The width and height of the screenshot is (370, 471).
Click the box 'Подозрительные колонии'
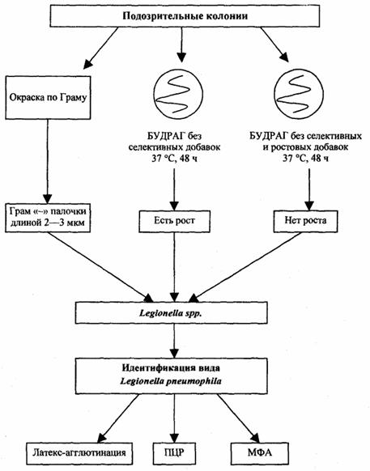coord(185,16)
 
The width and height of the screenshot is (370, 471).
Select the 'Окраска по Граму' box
coord(48,97)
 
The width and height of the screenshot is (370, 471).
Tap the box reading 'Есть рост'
coord(174,221)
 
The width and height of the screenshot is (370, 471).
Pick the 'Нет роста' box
coord(305,221)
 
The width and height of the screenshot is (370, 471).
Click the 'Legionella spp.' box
coord(172,312)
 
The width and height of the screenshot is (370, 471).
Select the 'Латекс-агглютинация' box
coord(79,453)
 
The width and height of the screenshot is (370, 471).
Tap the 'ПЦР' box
coord(174,453)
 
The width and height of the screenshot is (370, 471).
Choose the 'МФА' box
coord(260,453)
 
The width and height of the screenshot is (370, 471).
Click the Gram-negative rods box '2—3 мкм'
coord(48,217)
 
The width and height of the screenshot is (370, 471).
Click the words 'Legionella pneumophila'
coord(171,381)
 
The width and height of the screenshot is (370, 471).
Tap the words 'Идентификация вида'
coord(171,367)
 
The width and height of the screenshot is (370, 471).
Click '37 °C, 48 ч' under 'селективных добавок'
coord(175,159)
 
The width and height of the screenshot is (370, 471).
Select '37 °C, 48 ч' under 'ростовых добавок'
coord(306,159)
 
